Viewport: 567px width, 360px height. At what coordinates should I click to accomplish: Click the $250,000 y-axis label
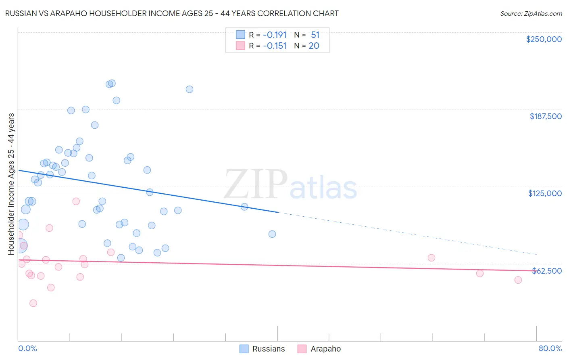544,39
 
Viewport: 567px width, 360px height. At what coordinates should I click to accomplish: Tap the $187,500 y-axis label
545,116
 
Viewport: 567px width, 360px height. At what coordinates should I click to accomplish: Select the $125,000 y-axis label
545,193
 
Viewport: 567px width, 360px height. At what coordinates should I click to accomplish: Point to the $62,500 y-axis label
546,271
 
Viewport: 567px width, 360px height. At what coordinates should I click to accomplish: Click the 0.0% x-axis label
27,348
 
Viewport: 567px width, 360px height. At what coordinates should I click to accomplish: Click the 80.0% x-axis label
550,348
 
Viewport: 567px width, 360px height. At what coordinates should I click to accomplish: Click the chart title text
172,13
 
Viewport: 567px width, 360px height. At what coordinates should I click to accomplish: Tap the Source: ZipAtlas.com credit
531,13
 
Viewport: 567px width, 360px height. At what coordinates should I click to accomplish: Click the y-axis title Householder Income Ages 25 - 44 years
11,184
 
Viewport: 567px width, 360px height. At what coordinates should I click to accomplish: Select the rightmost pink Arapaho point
518,280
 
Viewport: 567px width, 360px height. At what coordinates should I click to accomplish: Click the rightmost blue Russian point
272,234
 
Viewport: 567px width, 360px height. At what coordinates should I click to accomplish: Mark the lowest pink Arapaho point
33,303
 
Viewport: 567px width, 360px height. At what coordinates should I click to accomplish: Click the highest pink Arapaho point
76,201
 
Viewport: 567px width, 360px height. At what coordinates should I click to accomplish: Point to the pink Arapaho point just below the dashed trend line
432,258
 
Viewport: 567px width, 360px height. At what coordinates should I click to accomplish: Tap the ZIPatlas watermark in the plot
290,184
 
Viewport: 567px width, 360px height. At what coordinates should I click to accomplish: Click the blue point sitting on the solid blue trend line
244,207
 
